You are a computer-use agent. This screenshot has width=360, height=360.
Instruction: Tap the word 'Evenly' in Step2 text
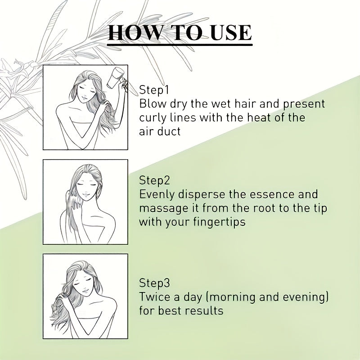(x=157, y=194)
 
